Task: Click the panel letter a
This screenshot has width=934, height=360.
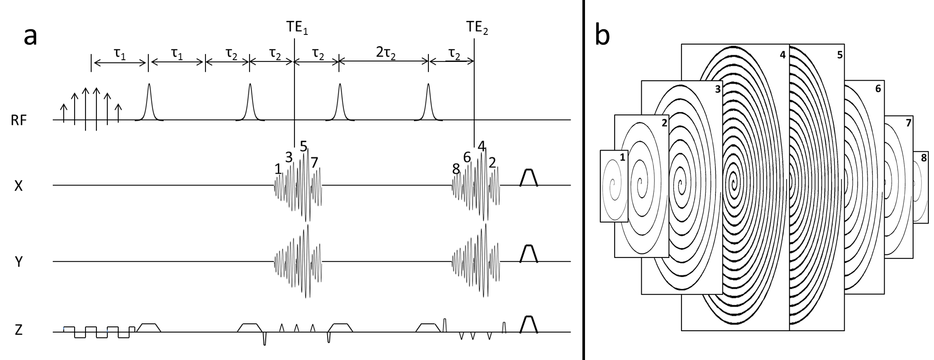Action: [x=31, y=36]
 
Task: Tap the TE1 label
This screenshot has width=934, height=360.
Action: [x=297, y=28]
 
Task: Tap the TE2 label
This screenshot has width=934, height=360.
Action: [x=477, y=28]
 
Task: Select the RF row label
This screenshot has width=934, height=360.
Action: [x=19, y=120]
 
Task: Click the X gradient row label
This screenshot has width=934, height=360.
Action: [x=18, y=186]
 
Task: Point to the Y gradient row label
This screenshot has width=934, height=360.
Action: [x=18, y=262]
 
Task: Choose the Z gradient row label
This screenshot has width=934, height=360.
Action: [x=18, y=330]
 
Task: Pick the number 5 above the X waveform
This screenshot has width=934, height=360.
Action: [x=304, y=146]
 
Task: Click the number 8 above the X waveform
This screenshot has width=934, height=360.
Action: [x=456, y=169]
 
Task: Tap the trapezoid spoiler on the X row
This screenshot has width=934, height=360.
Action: [x=529, y=178]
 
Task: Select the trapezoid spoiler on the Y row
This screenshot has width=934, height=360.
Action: [x=529, y=254]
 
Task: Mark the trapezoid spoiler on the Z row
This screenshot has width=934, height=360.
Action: [x=529, y=324]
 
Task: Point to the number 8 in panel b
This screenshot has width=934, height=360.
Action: [x=924, y=158]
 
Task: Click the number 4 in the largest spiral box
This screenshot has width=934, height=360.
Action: [x=782, y=55]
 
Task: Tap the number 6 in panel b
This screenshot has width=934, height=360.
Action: [x=878, y=89]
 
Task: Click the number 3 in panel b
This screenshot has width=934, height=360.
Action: [x=718, y=89]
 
